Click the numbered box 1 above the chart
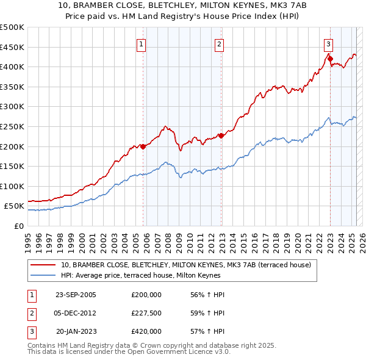(x=141, y=44)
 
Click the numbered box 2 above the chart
(x=219, y=44)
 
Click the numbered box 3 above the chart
(x=328, y=44)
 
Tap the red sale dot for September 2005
(x=143, y=146)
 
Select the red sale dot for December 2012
(x=221, y=135)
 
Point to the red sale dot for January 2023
(x=330, y=59)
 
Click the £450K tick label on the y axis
(x=12, y=47)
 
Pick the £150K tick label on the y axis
(x=12, y=166)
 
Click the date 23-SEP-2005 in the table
(x=76, y=294)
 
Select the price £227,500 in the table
(x=146, y=313)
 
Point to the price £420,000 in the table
(x=146, y=332)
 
